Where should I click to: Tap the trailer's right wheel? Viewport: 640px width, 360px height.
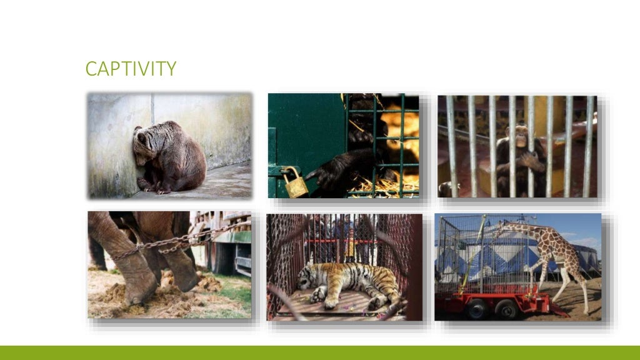coord(506,308)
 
